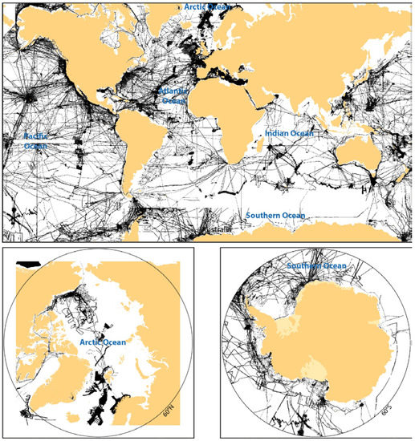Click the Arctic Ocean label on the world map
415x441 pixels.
[208, 6]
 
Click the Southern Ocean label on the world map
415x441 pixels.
[275, 216]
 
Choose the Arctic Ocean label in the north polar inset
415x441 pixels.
[105, 342]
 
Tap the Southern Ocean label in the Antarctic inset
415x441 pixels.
[316, 265]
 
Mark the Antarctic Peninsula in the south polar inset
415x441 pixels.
[255, 321]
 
